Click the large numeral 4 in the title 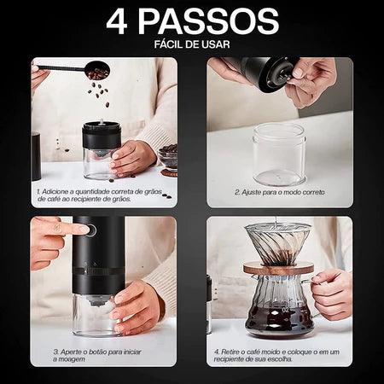117,22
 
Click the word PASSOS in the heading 208,21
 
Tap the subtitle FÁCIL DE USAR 192,44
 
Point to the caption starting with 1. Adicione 100,195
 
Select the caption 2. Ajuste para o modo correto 280,192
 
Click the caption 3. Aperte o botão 97,356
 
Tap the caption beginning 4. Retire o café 276,356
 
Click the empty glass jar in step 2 279,154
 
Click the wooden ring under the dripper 278,269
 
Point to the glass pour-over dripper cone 278,244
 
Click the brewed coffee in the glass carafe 279,318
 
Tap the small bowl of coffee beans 168,156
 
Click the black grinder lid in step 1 102,136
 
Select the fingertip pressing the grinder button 84,229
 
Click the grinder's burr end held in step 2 279,75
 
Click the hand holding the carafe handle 331,293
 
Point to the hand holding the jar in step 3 137,307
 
